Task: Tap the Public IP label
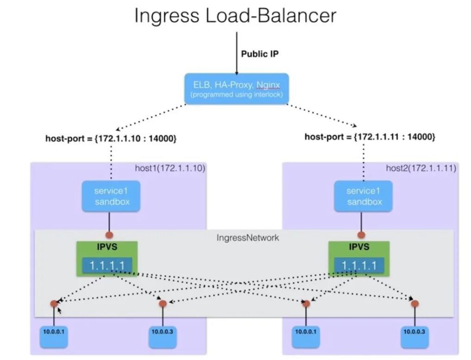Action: [x=260, y=54]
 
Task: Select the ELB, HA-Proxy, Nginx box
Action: [x=236, y=88]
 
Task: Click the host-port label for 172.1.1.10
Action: [x=111, y=138]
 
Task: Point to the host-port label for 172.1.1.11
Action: [x=370, y=137]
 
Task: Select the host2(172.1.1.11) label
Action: [x=421, y=168]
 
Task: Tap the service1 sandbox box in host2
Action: [x=364, y=196]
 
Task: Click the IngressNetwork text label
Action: [x=248, y=238]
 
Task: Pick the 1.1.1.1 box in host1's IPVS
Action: [x=107, y=266]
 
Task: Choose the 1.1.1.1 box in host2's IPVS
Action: [x=359, y=266]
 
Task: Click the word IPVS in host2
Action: [x=359, y=247]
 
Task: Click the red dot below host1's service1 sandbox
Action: [x=110, y=235]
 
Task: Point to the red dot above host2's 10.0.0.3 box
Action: [x=415, y=304]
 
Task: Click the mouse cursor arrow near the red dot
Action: [x=59, y=310]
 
